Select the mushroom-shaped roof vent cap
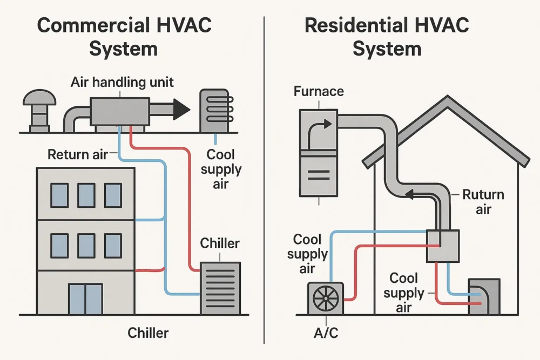tap(39, 99)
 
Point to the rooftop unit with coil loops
tap(215, 110)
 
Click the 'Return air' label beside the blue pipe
tap(78, 154)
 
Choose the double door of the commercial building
tap(85, 298)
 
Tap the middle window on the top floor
tap(86, 195)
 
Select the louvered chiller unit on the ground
tap(220, 288)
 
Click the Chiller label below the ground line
tap(148, 332)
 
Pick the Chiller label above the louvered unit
tap(219, 243)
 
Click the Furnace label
tap(319, 91)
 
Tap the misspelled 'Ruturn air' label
tap(483, 201)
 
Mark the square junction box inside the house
tap(443, 246)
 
